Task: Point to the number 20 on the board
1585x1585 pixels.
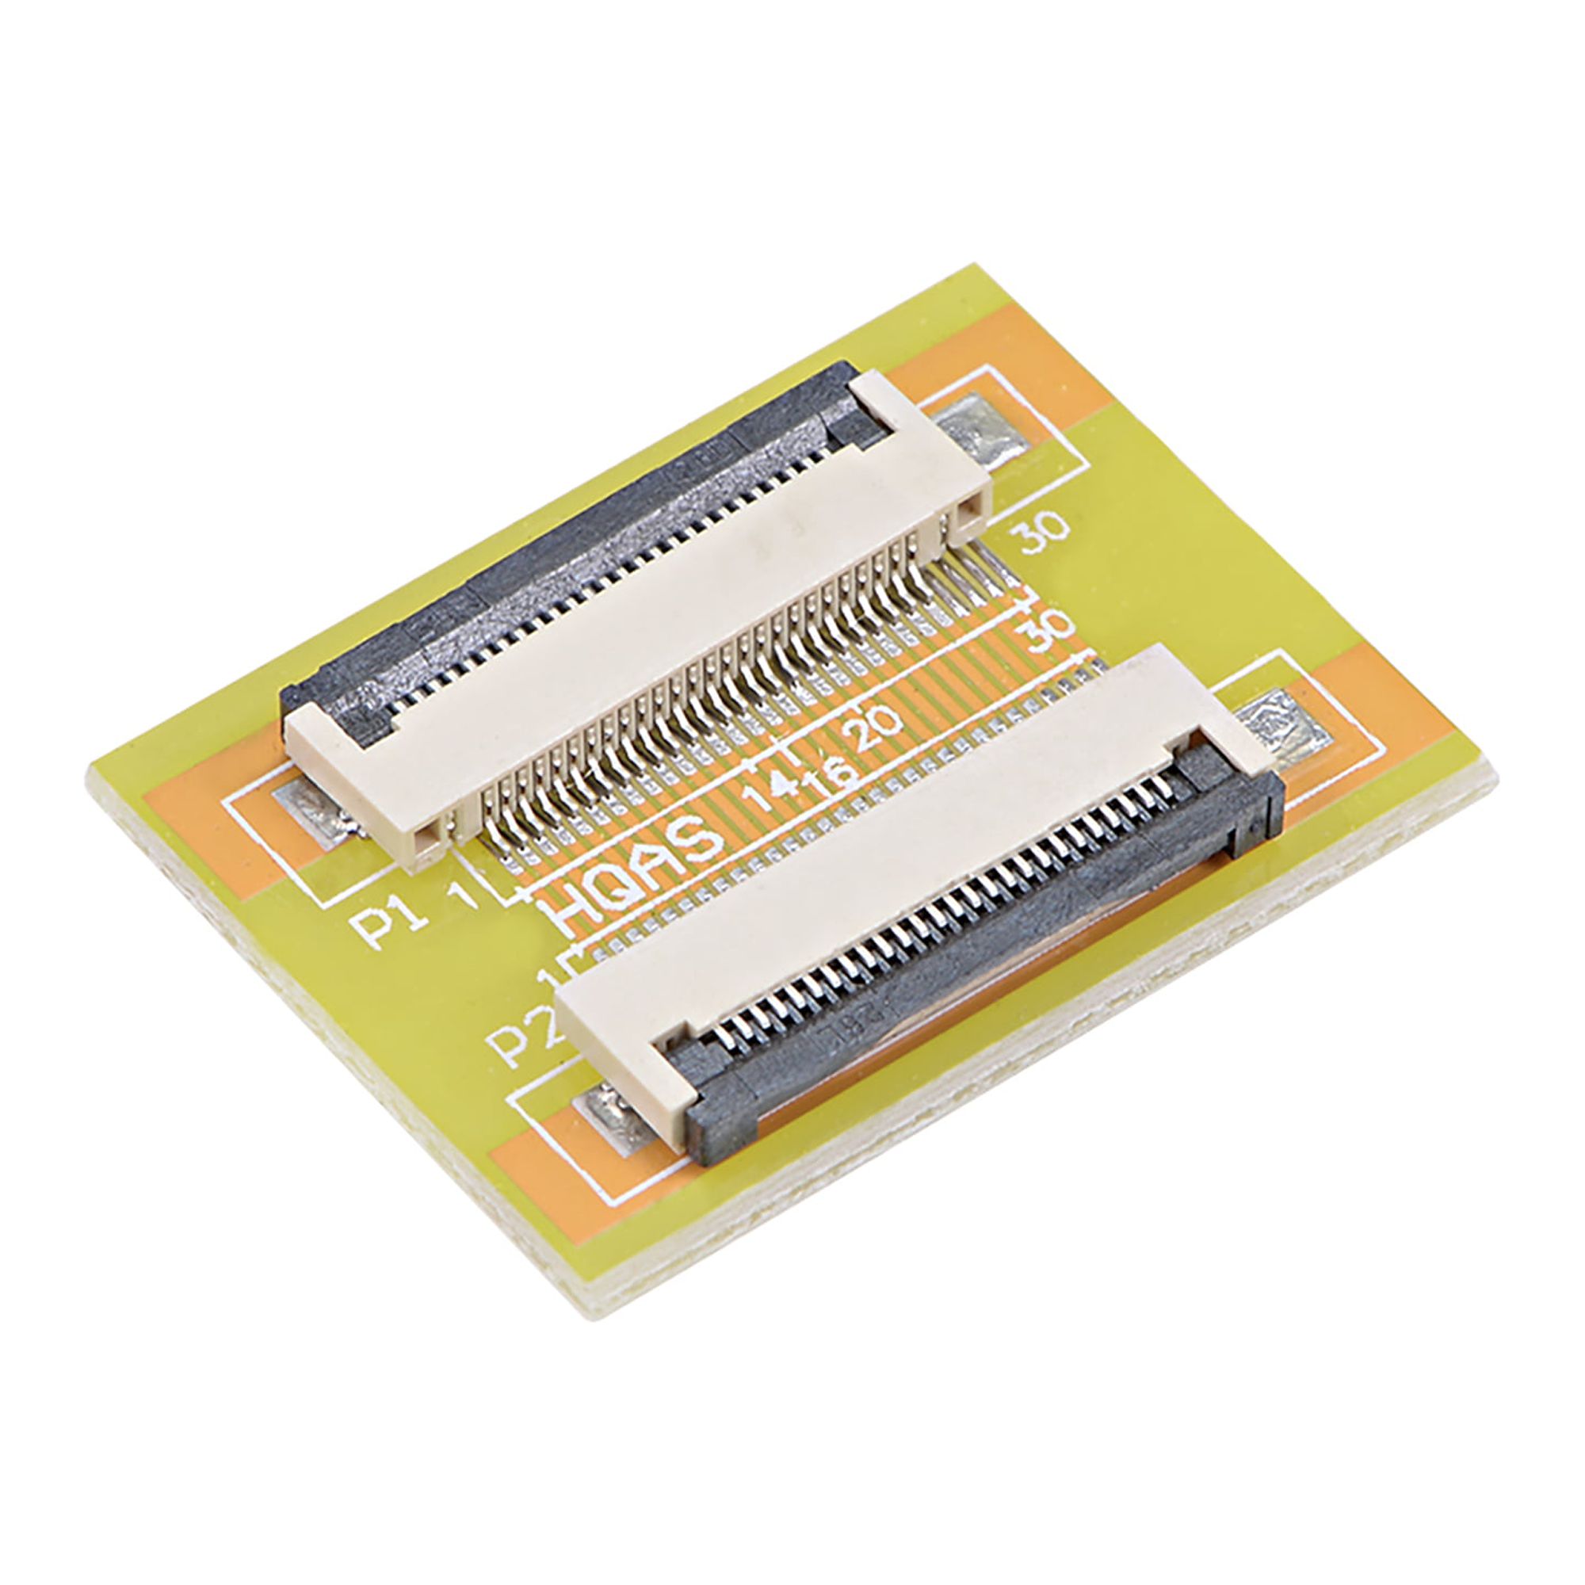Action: (879, 729)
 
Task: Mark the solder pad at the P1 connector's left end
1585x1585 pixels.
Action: (316, 816)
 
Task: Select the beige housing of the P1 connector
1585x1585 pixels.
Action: (656, 640)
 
